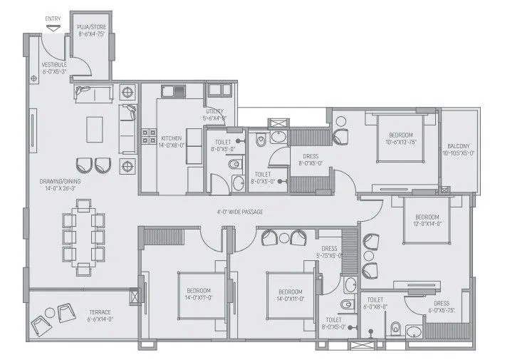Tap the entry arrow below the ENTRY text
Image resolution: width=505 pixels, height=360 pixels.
(52, 27)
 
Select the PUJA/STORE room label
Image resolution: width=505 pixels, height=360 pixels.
(91, 30)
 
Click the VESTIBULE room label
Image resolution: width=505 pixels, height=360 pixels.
(54, 68)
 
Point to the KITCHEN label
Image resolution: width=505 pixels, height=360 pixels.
(172, 141)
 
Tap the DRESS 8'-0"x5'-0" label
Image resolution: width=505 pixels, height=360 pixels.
(311, 159)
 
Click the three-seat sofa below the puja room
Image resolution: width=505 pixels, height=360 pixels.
(92, 93)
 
